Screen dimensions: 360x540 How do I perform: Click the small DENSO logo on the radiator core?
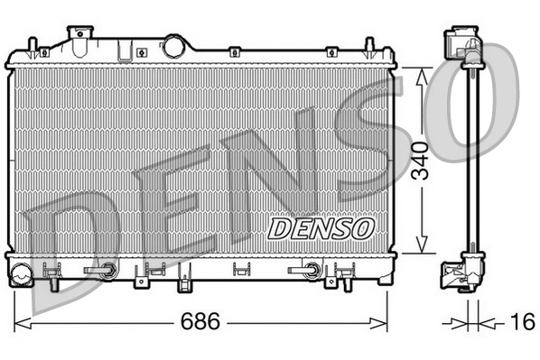[x=321, y=227]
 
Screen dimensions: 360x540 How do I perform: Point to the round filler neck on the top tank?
[x=173, y=46]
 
